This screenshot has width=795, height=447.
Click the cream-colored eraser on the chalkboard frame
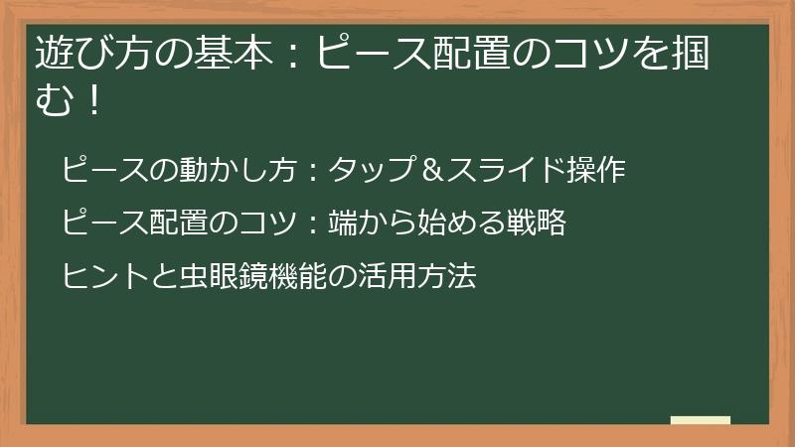[700, 420]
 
